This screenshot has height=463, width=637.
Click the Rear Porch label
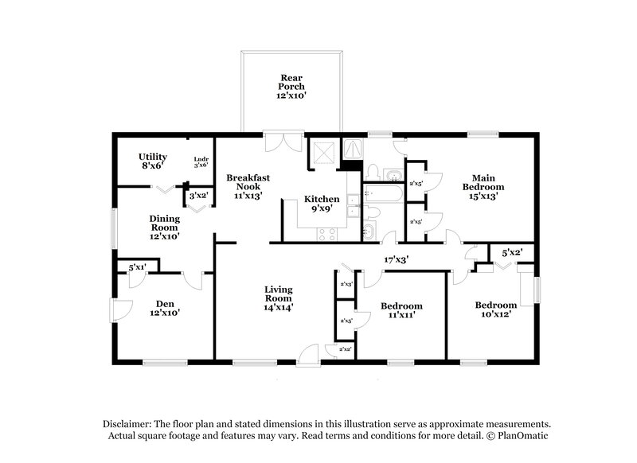pos(291,87)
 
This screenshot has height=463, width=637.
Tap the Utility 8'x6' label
pos(152,161)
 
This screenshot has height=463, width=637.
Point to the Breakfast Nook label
pos(243,185)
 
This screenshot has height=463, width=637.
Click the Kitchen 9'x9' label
pos(322,204)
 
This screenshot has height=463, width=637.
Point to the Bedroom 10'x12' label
pos(495,309)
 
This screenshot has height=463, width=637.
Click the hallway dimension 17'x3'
pos(397,259)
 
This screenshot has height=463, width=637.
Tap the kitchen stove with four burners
pos(326,233)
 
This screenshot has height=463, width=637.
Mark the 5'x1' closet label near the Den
pos(138,267)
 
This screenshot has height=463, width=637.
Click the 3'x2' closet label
pos(197,194)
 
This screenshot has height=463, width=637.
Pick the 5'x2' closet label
pos(511,253)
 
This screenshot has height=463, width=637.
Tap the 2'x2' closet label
pos(346,349)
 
